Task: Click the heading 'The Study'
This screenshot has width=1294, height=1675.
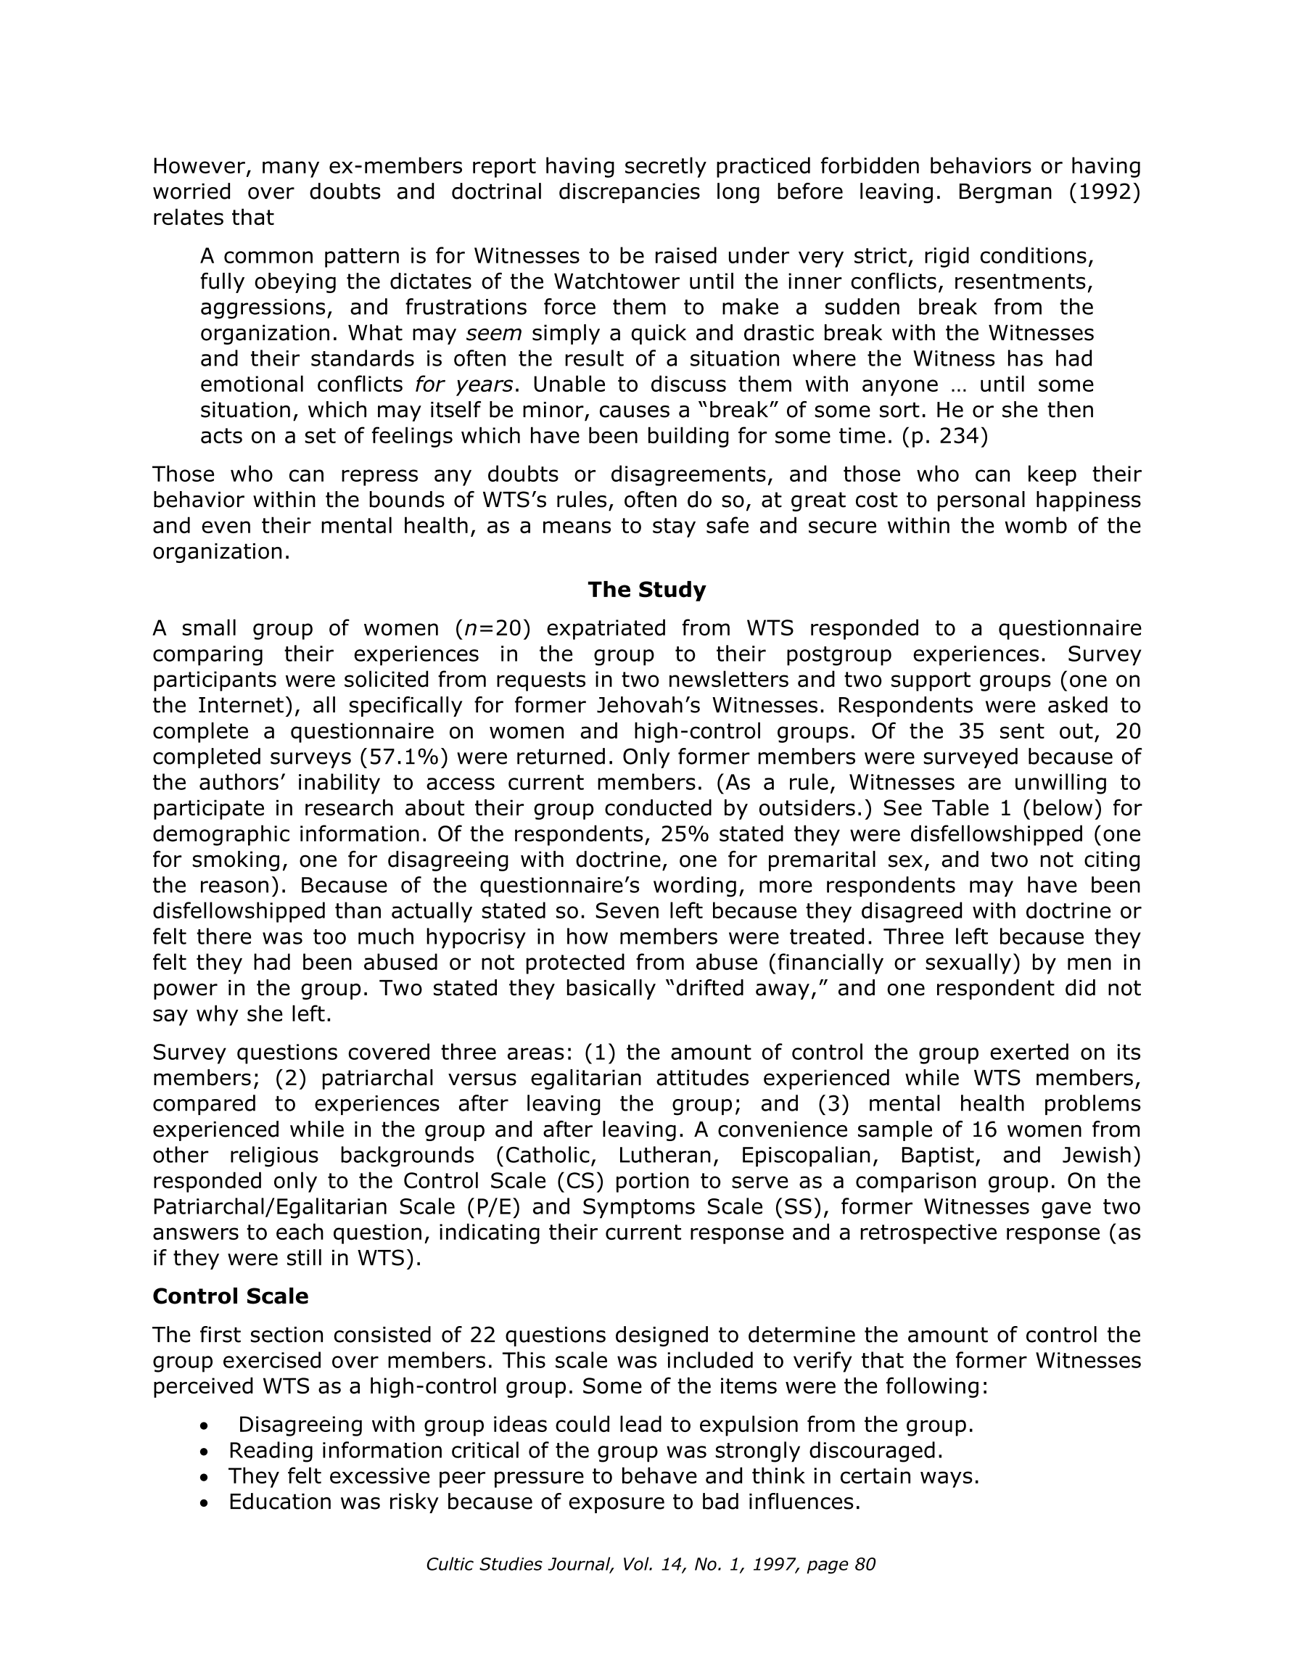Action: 646,590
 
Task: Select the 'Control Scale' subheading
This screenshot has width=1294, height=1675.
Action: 230,1296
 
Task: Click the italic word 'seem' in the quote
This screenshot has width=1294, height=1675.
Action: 494,334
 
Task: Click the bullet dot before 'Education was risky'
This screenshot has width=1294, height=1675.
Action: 203,1503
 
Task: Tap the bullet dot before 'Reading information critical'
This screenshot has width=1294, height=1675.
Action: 203,1452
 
